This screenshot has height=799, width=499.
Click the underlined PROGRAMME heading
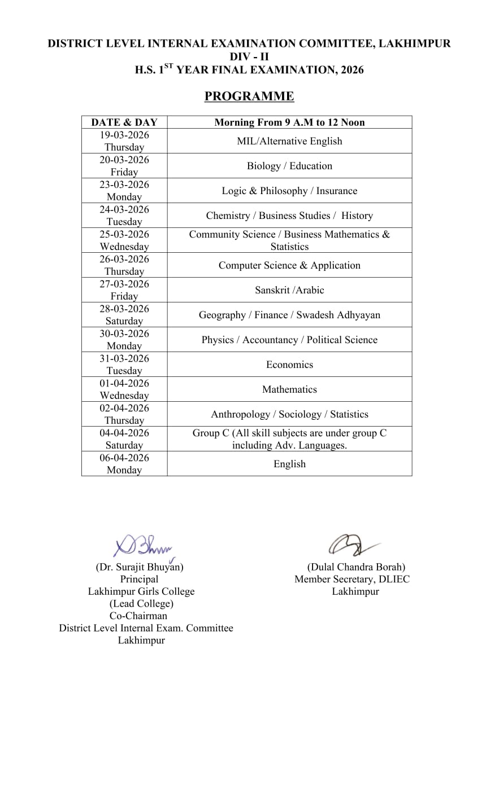249,96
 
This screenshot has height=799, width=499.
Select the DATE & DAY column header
124,122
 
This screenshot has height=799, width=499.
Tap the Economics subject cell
289,365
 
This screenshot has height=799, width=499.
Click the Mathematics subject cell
289,389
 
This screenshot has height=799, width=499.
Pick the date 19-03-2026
124,135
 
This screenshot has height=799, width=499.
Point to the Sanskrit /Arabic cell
289,290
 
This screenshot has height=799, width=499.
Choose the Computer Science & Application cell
289,265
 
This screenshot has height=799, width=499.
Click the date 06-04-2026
124,458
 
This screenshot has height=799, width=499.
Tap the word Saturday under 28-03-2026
124,321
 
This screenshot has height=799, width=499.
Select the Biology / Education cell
289,166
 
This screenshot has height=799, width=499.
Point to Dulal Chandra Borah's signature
351,545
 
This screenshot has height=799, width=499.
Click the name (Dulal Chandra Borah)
356,567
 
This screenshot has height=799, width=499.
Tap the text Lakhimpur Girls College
141,591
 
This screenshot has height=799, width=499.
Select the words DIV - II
249,56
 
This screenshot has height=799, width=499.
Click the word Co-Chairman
138,616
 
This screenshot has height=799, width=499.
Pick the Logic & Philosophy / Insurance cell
289,191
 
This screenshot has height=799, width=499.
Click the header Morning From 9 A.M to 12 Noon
289,122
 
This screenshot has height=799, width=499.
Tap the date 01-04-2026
124,383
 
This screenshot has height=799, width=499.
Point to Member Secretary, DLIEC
352,579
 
